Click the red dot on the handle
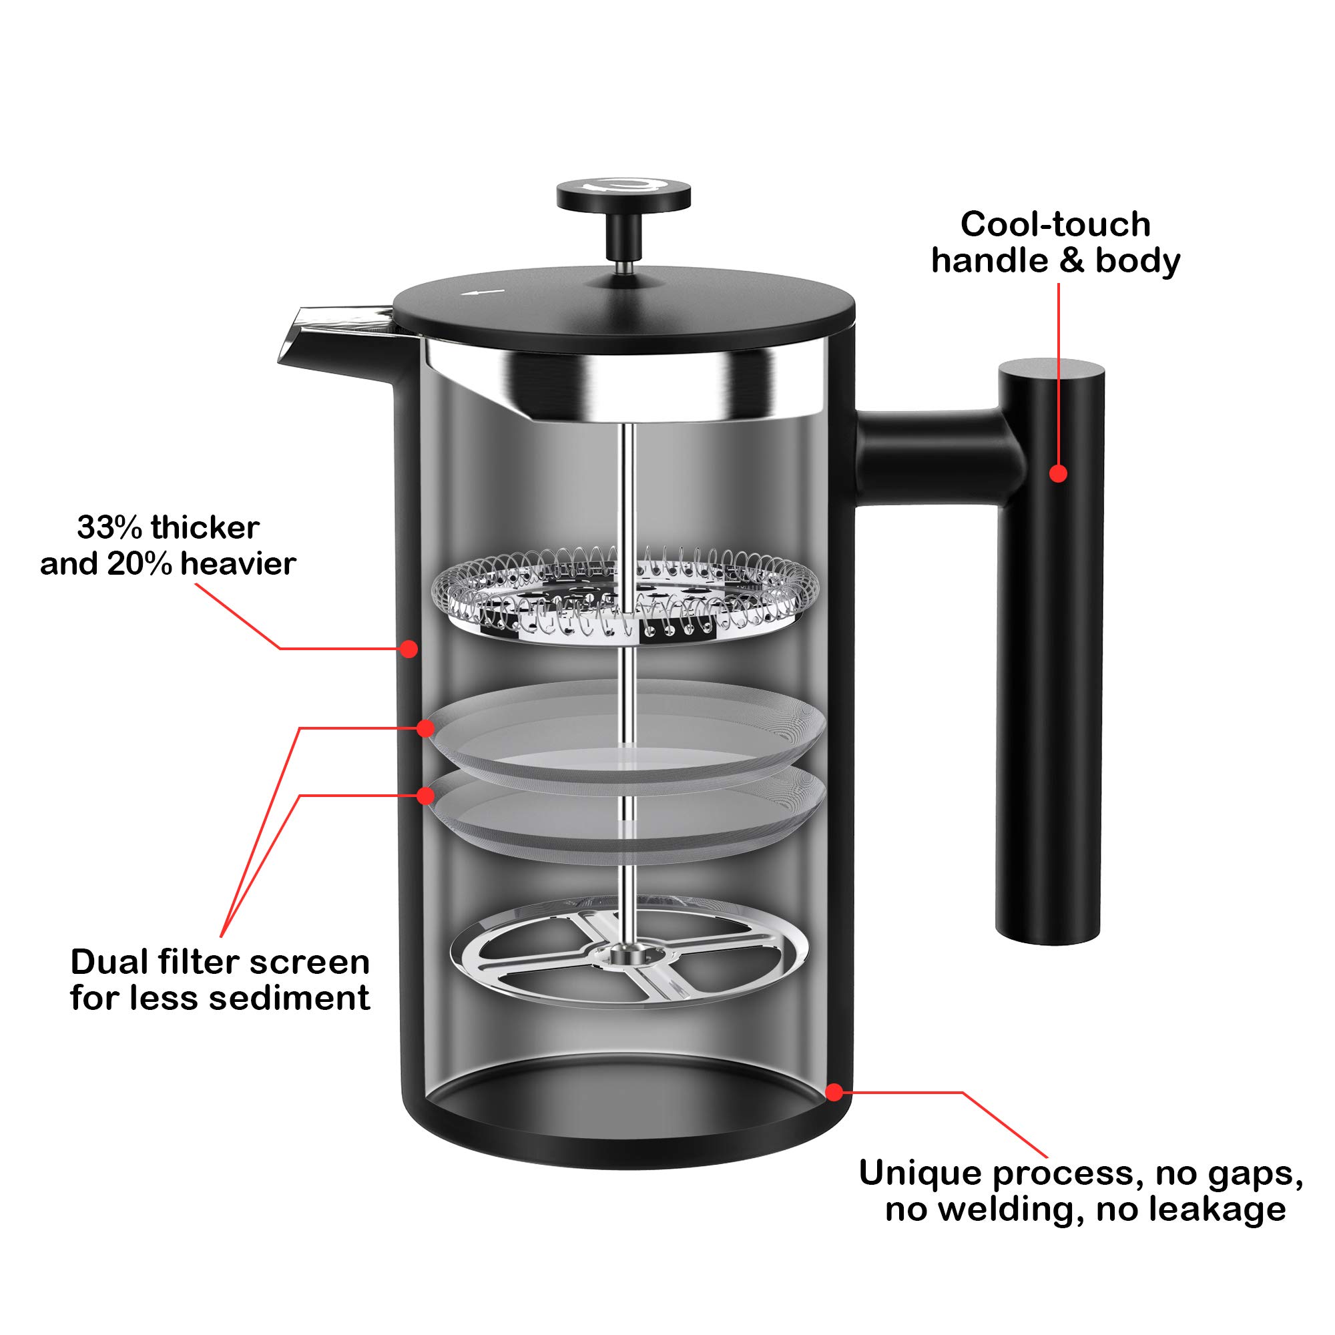[x=1058, y=473]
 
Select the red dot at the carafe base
[x=834, y=1093]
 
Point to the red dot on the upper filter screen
[x=427, y=728]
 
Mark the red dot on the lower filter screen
[x=427, y=796]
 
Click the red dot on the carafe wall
[x=409, y=648]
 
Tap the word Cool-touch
[x=1055, y=224]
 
